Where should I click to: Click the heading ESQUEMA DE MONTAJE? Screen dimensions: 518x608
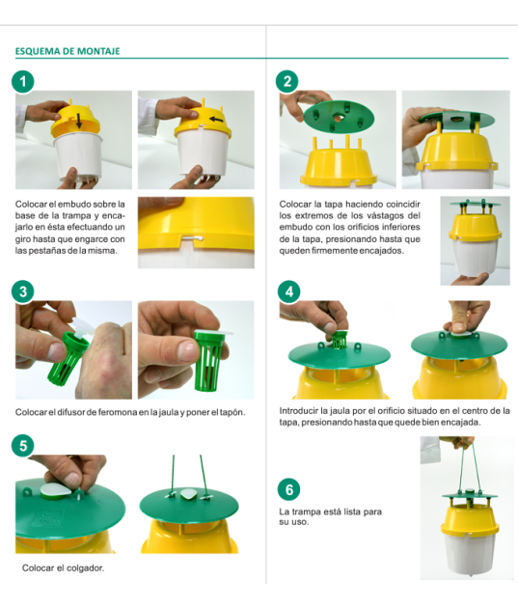[x=68, y=51]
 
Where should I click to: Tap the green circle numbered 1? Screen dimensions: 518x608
[x=23, y=81]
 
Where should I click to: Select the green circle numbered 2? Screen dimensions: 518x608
[x=287, y=81]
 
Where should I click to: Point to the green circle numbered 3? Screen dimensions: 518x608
[x=23, y=291]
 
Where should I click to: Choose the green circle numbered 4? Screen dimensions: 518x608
[x=289, y=291]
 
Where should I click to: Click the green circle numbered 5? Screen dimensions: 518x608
[x=23, y=446]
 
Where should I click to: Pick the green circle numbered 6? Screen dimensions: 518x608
[x=289, y=489]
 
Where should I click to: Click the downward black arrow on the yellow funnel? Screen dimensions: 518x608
[x=79, y=121]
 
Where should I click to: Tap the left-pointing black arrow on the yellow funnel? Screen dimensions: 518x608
[x=216, y=119]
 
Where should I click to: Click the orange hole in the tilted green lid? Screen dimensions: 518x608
[x=340, y=117]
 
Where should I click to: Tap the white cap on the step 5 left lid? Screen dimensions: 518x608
[x=56, y=489]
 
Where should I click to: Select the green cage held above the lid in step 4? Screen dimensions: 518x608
[x=340, y=340]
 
